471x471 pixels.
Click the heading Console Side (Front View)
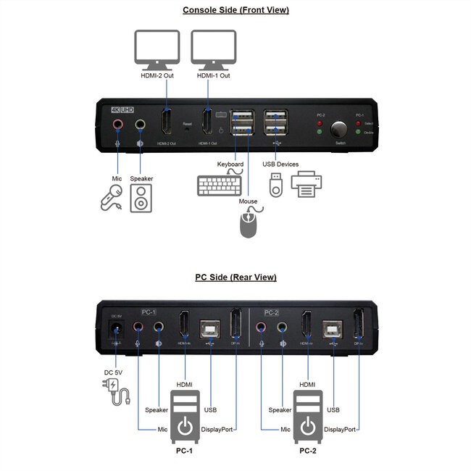tap(236, 10)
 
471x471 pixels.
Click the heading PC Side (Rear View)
tap(236, 277)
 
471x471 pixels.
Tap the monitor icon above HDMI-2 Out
tap(158, 49)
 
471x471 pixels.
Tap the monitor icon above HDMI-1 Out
tap(213, 49)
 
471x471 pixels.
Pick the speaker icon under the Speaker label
tap(141, 198)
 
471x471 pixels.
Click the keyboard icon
tap(220, 186)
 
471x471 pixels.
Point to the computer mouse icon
tap(249, 222)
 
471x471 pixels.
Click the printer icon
tap(306, 186)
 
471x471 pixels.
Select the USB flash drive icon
tap(274, 186)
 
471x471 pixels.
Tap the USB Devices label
tap(280, 164)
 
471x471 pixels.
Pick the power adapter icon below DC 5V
tap(117, 392)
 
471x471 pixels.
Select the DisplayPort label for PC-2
tap(340, 429)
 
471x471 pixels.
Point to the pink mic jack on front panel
tap(117, 125)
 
